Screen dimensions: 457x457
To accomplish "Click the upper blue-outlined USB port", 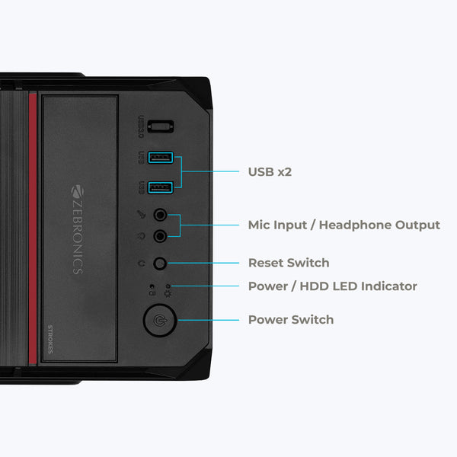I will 160,158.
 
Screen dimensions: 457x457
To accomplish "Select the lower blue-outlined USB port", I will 160,185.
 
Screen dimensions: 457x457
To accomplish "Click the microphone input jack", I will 161,216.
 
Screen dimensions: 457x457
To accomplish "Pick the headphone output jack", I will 161,235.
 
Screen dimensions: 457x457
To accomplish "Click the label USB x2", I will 270,172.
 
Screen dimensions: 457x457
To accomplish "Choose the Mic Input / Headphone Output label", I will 344,225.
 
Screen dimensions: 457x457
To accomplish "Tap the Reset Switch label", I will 289,263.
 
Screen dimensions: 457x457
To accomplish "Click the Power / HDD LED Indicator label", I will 332,286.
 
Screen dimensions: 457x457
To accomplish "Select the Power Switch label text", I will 290,320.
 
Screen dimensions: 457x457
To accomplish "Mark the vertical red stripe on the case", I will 33,228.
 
